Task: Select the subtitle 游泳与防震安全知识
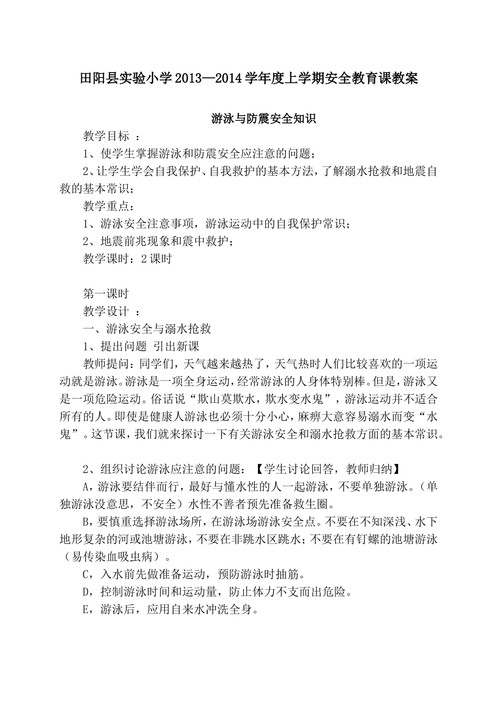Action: point(264,119)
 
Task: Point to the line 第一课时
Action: point(106,293)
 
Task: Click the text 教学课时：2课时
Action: point(128,258)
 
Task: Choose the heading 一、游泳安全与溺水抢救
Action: point(148,328)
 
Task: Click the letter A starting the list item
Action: point(87,486)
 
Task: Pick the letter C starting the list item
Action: point(87,574)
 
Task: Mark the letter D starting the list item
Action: point(87,592)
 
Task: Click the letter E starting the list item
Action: point(87,609)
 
